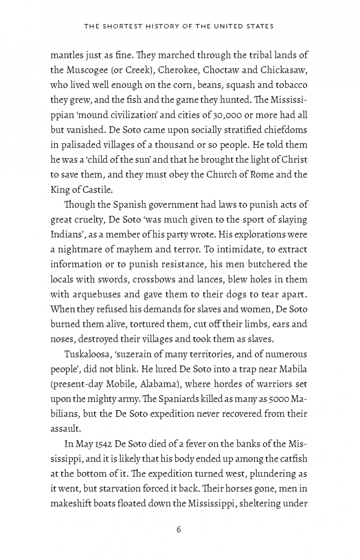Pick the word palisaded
(78, 145)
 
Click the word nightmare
(78, 250)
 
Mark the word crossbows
(152, 279)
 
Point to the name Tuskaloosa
(86, 354)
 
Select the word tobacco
(290, 85)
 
